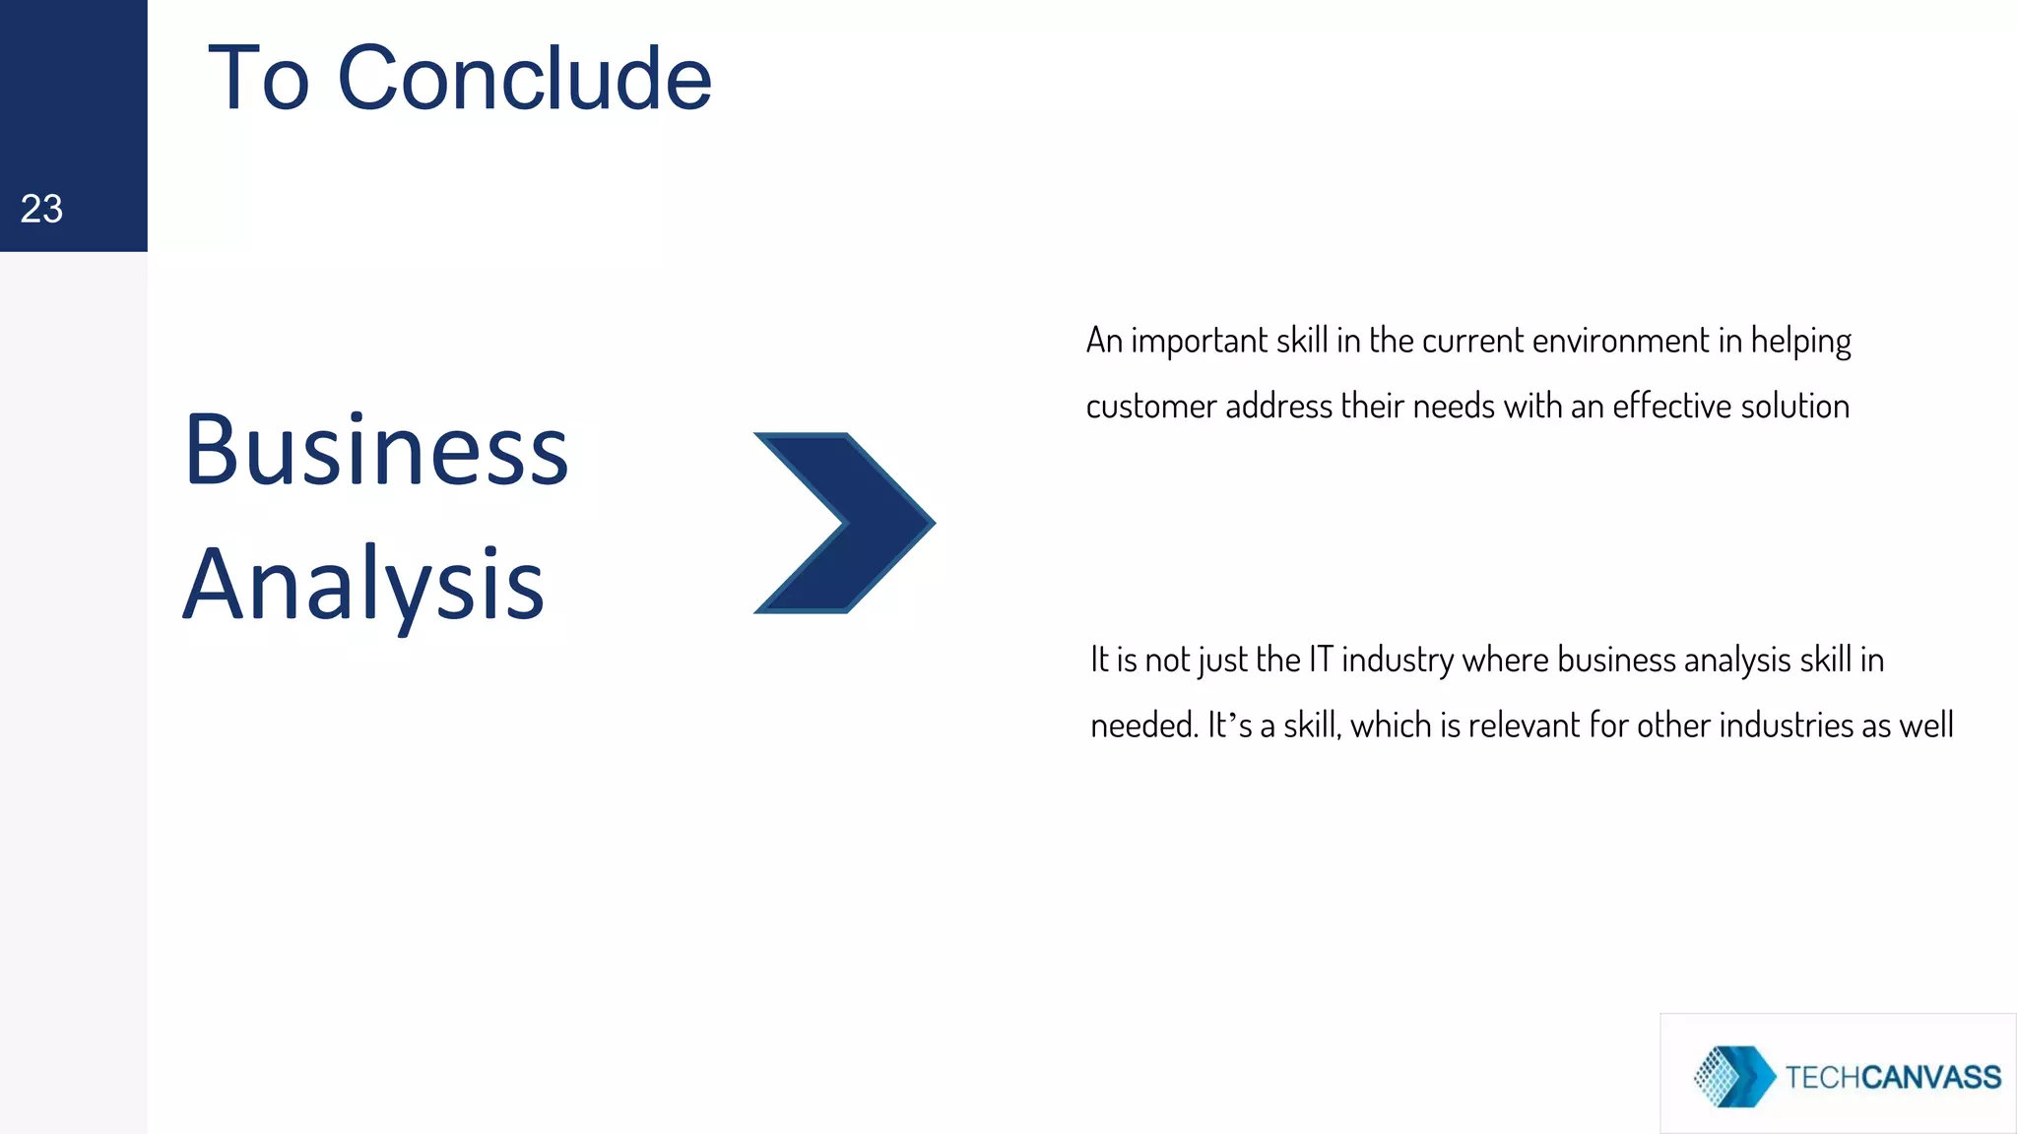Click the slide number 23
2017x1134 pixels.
41,209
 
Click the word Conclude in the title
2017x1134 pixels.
524,79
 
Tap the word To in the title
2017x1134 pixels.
259,79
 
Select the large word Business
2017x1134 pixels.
376,450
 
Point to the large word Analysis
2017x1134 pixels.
363,585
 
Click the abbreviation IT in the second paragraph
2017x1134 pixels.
1320,660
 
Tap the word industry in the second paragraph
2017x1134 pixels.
1398,661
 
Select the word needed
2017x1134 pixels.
1143,725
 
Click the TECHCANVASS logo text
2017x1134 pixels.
1892,1077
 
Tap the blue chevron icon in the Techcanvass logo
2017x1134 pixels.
1734,1076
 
